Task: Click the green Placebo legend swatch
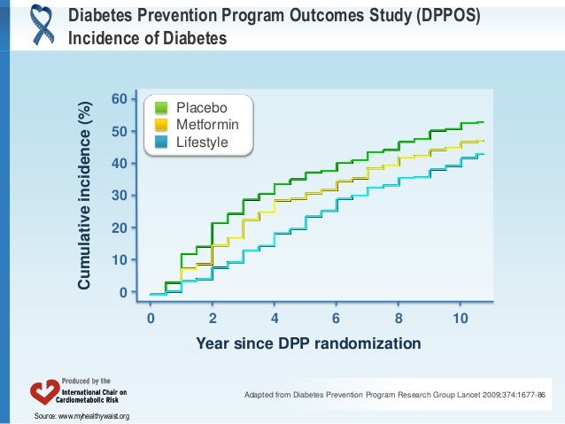[161, 108]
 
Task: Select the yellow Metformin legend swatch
[161, 125]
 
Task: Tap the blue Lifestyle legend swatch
[161, 142]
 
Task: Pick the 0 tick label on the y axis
[123, 292]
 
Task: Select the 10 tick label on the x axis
[459, 317]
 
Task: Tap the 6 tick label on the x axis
[336, 317]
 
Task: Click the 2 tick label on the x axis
[213, 317]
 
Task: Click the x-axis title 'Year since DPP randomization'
[308, 343]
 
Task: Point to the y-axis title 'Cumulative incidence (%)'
[84, 196]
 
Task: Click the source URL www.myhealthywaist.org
[92, 415]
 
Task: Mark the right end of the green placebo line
[484, 122]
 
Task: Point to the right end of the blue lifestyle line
[484, 155]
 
